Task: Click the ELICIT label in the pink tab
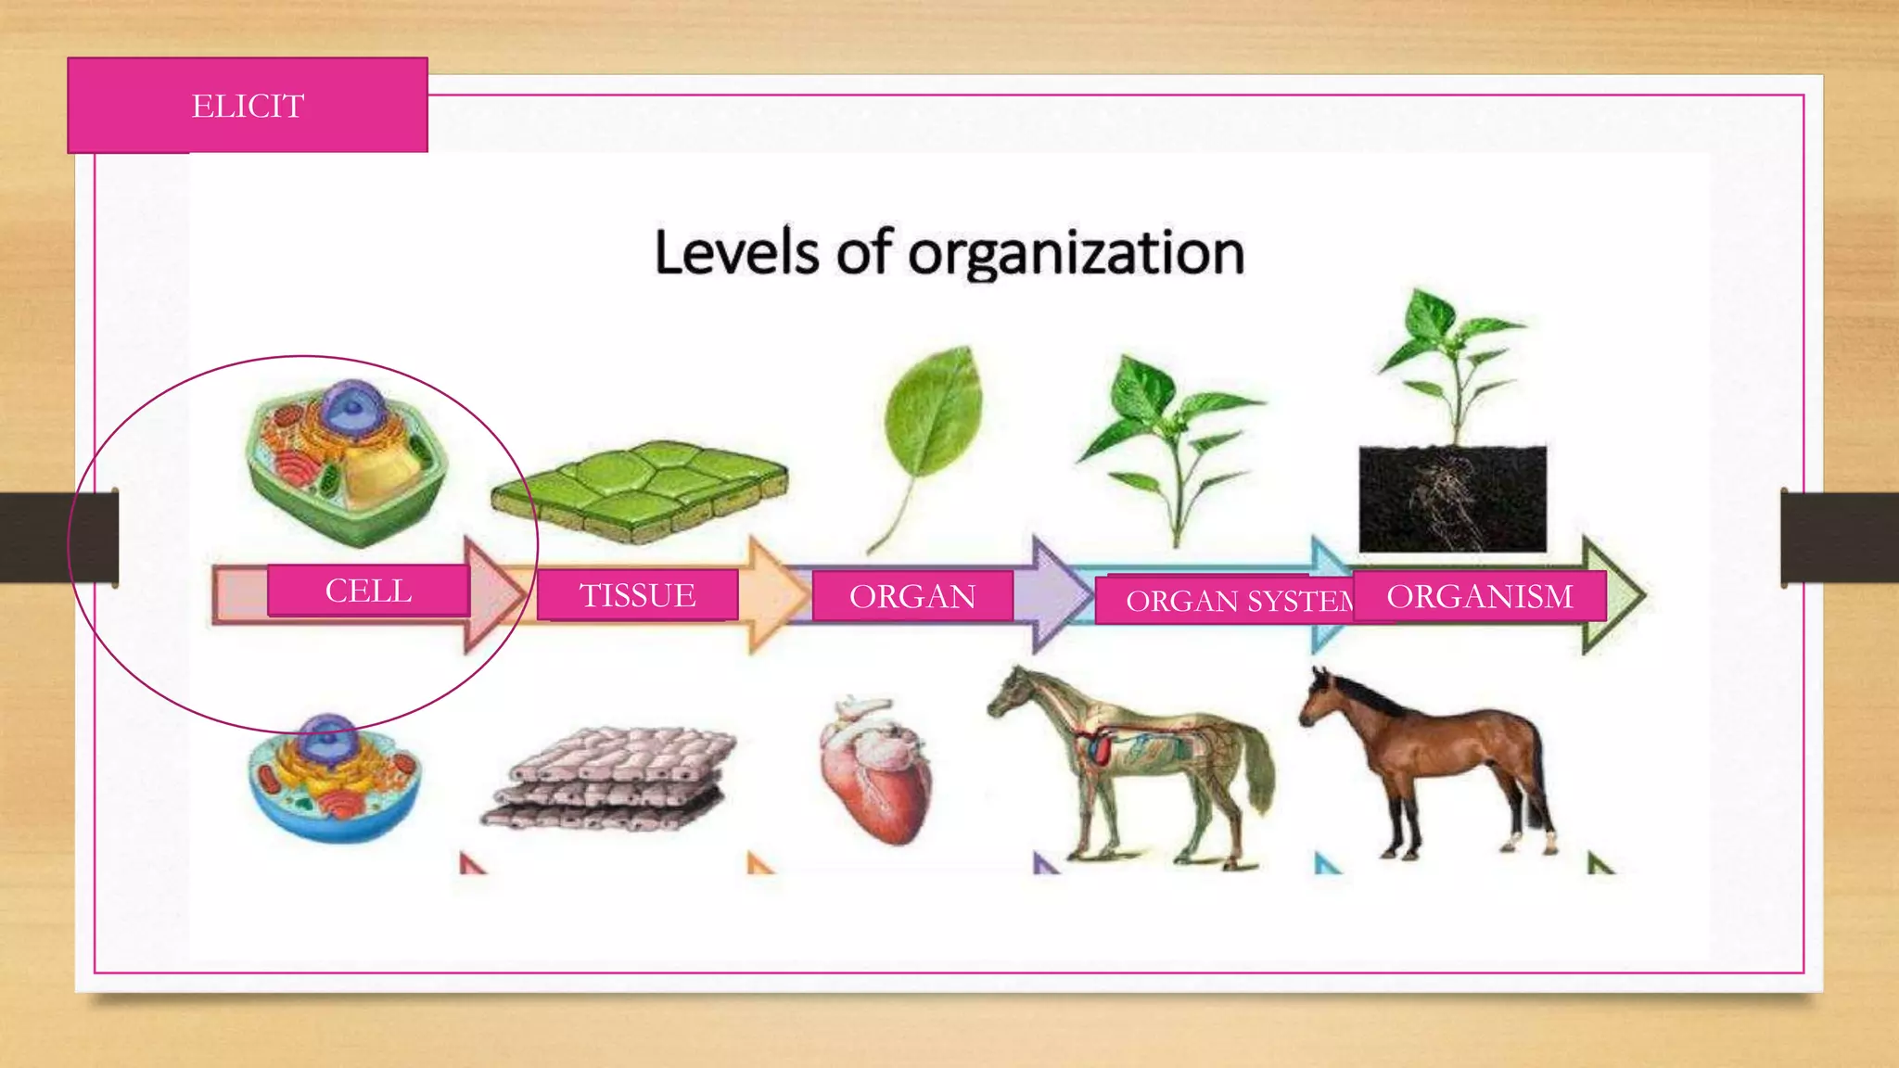click(248, 106)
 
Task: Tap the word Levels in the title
click(737, 252)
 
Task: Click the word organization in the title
click(1076, 253)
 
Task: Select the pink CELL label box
click(368, 591)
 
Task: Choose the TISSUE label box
click(637, 595)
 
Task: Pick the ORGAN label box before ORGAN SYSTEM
click(912, 596)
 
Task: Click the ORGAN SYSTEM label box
click(1224, 601)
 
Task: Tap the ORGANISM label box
click(1479, 596)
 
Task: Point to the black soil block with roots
click(1452, 499)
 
